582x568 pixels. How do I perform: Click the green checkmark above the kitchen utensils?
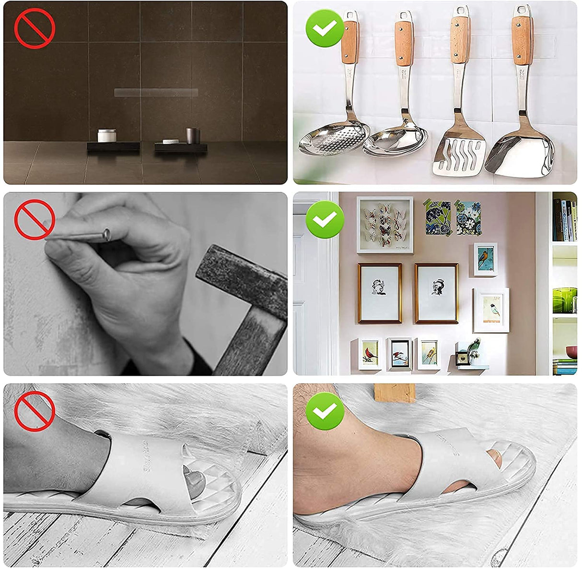click(x=325, y=28)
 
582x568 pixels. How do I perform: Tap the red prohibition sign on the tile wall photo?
click(x=35, y=28)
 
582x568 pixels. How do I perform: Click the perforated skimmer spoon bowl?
click(x=334, y=137)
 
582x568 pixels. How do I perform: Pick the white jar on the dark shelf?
click(x=107, y=136)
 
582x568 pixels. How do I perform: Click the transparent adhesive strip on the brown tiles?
click(x=156, y=92)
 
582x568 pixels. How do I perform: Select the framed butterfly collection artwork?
click(x=384, y=225)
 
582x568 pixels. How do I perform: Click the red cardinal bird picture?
click(x=370, y=353)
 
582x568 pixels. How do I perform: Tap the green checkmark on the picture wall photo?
click(x=325, y=220)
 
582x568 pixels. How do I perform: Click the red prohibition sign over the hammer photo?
click(x=35, y=219)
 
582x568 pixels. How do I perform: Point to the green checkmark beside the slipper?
click(x=325, y=411)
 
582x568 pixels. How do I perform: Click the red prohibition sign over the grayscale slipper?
click(x=35, y=411)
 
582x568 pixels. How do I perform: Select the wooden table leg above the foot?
click(x=395, y=392)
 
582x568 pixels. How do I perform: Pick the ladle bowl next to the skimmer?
click(x=395, y=141)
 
